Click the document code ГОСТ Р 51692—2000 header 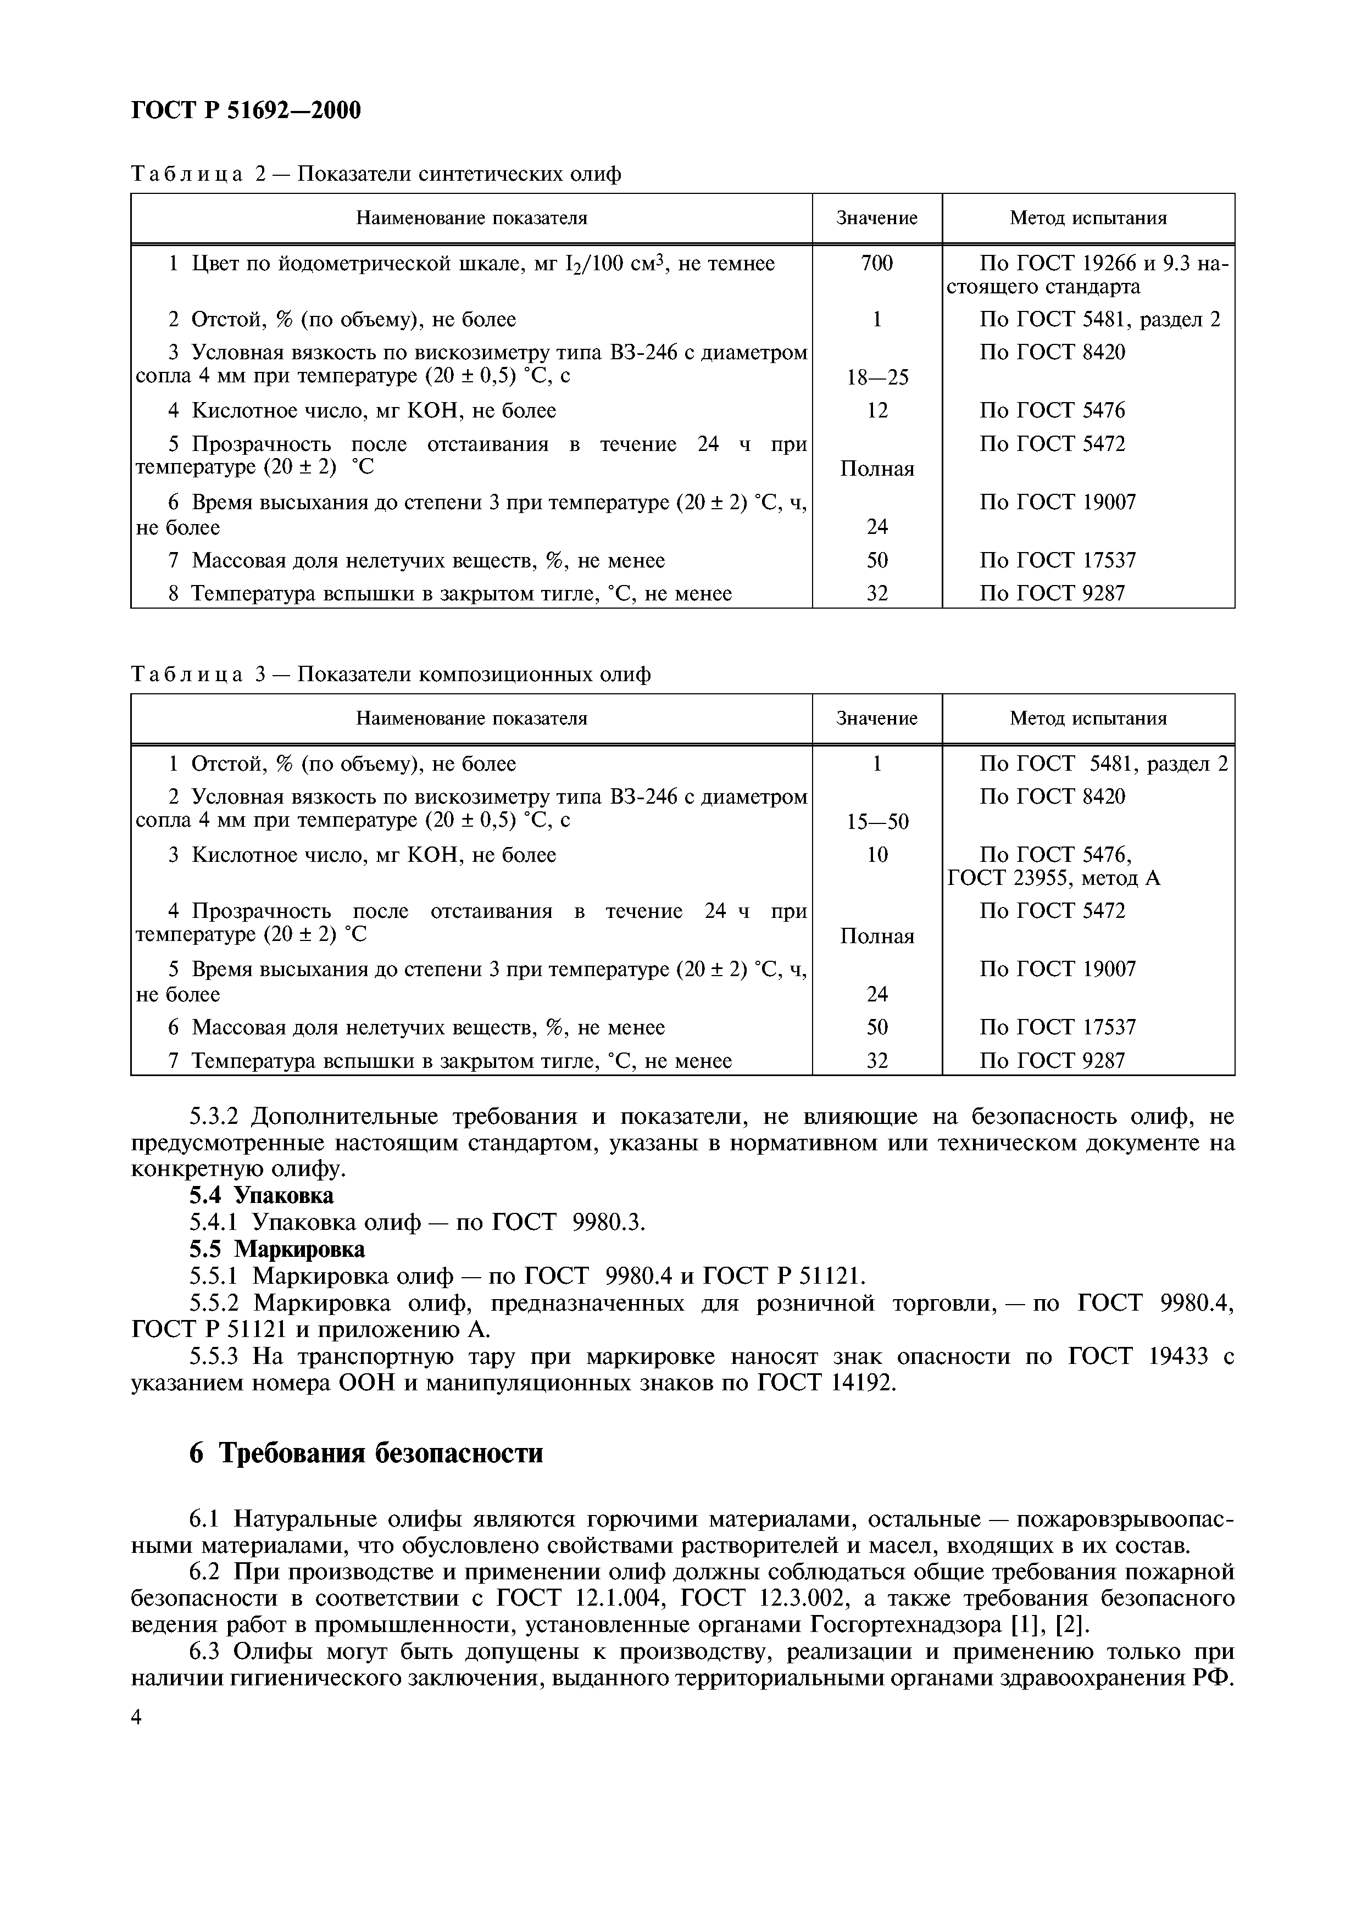[246, 110]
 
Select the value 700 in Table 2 [876, 264]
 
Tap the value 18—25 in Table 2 [876, 378]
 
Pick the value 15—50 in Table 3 [876, 822]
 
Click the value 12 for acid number [876, 410]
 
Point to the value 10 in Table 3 [876, 855]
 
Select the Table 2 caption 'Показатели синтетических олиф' [460, 175]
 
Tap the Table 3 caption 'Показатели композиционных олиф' [474, 675]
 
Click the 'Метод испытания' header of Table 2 [1088, 218]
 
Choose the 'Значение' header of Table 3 [876, 719]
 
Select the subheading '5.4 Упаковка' [261, 1195]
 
